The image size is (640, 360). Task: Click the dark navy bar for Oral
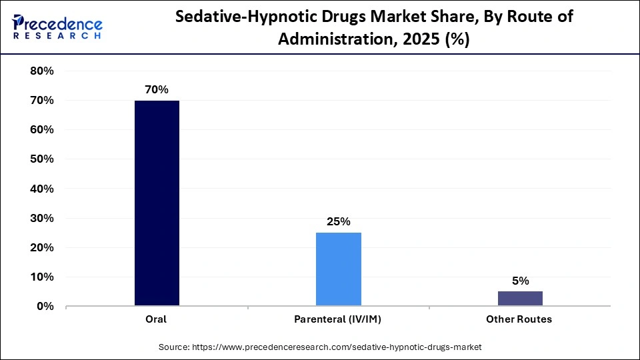(157, 203)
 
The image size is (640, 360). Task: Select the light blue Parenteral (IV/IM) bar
(338, 269)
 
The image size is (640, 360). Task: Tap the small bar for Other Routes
(519, 299)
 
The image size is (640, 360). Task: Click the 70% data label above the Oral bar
(157, 89)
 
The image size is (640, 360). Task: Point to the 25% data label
(338, 221)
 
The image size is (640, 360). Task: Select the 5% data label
(520, 281)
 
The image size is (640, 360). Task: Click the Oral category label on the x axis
(157, 319)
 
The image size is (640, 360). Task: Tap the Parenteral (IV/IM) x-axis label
(338, 319)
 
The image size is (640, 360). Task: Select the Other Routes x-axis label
(519, 319)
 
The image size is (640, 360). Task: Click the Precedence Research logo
(57, 27)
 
